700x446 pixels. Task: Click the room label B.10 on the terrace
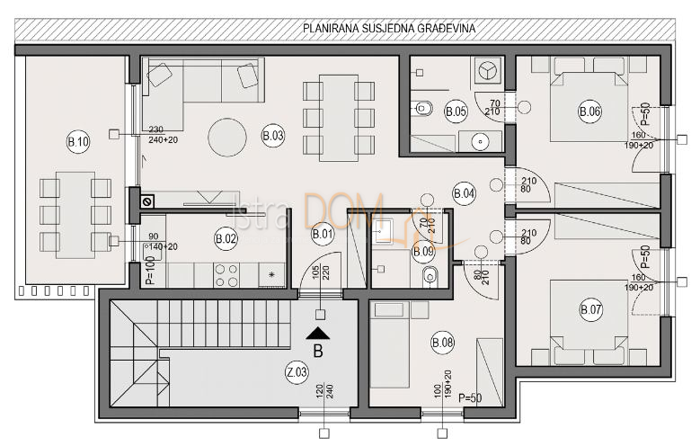(x=78, y=142)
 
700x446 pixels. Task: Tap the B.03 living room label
(x=273, y=136)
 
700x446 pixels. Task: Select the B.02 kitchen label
(x=226, y=239)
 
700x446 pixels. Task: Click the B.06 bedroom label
(x=589, y=111)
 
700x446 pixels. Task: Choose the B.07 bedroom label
(x=591, y=310)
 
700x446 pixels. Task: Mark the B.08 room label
(x=442, y=342)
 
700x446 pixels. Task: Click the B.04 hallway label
(x=465, y=193)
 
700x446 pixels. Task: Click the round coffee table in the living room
(x=227, y=138)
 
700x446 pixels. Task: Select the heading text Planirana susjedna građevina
(x=389, y=29)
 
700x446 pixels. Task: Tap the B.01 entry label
(x=322, y=236)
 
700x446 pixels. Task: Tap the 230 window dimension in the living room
(x=156, y=129)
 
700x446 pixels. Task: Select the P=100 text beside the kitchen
(x=150, y=270)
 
